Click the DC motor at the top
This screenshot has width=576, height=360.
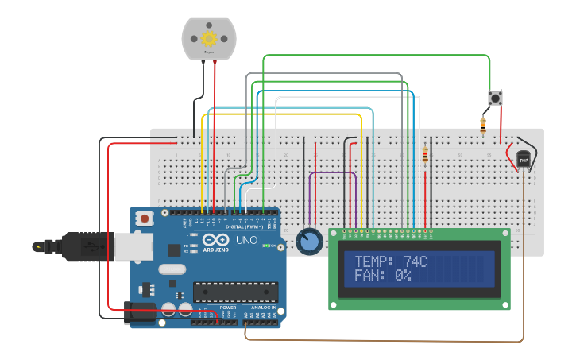[209, 38]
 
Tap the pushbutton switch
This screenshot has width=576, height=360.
[495, 99]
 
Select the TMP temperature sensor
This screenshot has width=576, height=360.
[523, 159]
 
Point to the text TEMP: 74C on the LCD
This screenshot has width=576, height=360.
[391, 261]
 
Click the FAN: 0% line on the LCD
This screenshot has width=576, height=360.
[382, 275]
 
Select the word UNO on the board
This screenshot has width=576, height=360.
[247, 240]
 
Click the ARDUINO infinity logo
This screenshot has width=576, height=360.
[213, 241]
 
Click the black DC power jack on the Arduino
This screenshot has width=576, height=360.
[140, 312]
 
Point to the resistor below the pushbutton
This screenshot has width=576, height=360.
[483, 123]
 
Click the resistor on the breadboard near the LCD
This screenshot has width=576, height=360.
[425, 157]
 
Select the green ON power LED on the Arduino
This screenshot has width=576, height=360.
[265, 246]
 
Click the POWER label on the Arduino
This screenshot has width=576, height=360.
[228, 307]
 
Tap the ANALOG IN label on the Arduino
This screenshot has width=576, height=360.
[263, 307]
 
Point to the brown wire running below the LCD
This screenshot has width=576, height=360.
[381, 341]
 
